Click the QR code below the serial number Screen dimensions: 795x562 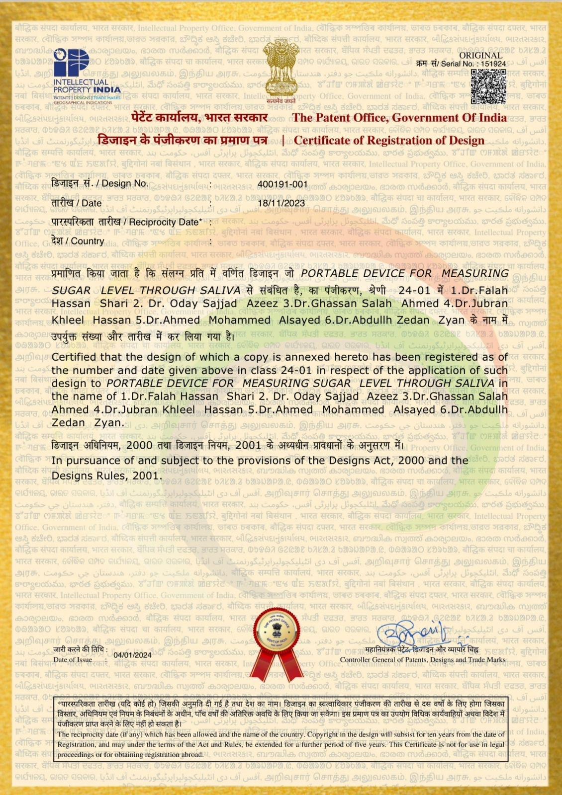point(488,86)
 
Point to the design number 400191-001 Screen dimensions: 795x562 point(282,184)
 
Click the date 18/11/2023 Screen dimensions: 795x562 point(281,203)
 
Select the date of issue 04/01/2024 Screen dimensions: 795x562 point(133,655)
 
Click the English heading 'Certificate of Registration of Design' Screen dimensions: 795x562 point(389,140)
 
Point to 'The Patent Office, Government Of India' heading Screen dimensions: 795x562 point(399,118)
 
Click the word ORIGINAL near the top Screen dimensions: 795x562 point(480,55)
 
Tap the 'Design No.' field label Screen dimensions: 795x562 point(99,183)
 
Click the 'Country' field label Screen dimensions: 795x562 point(78,241)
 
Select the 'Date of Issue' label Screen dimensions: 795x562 point(73,659)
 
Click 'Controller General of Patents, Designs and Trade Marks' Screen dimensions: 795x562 point(422,660)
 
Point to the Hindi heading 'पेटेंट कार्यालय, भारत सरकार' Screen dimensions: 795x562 point(199,118)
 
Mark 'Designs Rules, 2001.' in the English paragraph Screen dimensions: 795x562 point(107,476)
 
